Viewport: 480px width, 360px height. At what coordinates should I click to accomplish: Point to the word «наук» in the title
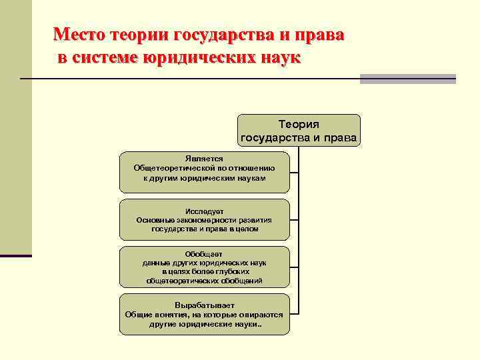coord(277,58)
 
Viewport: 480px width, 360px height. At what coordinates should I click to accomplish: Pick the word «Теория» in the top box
coord(299,124)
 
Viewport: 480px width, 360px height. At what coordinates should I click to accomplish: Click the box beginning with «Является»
coord(204,172)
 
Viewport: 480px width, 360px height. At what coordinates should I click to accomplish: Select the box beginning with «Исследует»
coord(204,219)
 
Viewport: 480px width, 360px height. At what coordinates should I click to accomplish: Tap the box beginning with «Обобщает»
coord(204,267)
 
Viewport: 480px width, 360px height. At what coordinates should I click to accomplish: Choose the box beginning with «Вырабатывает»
coord(204,314)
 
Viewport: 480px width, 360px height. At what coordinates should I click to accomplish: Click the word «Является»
coord(204,159)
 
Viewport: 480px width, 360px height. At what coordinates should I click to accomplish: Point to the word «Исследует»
coord(204,211)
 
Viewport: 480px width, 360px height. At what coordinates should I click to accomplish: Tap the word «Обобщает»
coord(204,254)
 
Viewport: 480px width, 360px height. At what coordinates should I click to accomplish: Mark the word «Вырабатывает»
coord(204,305)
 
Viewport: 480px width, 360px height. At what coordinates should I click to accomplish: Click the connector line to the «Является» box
coord(294,172)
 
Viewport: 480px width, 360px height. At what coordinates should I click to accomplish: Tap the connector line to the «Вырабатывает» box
coord(294,313)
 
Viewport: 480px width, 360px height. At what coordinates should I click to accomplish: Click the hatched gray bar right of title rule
coord(407,79)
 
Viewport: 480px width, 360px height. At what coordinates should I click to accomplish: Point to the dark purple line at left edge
coord(16,255)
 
